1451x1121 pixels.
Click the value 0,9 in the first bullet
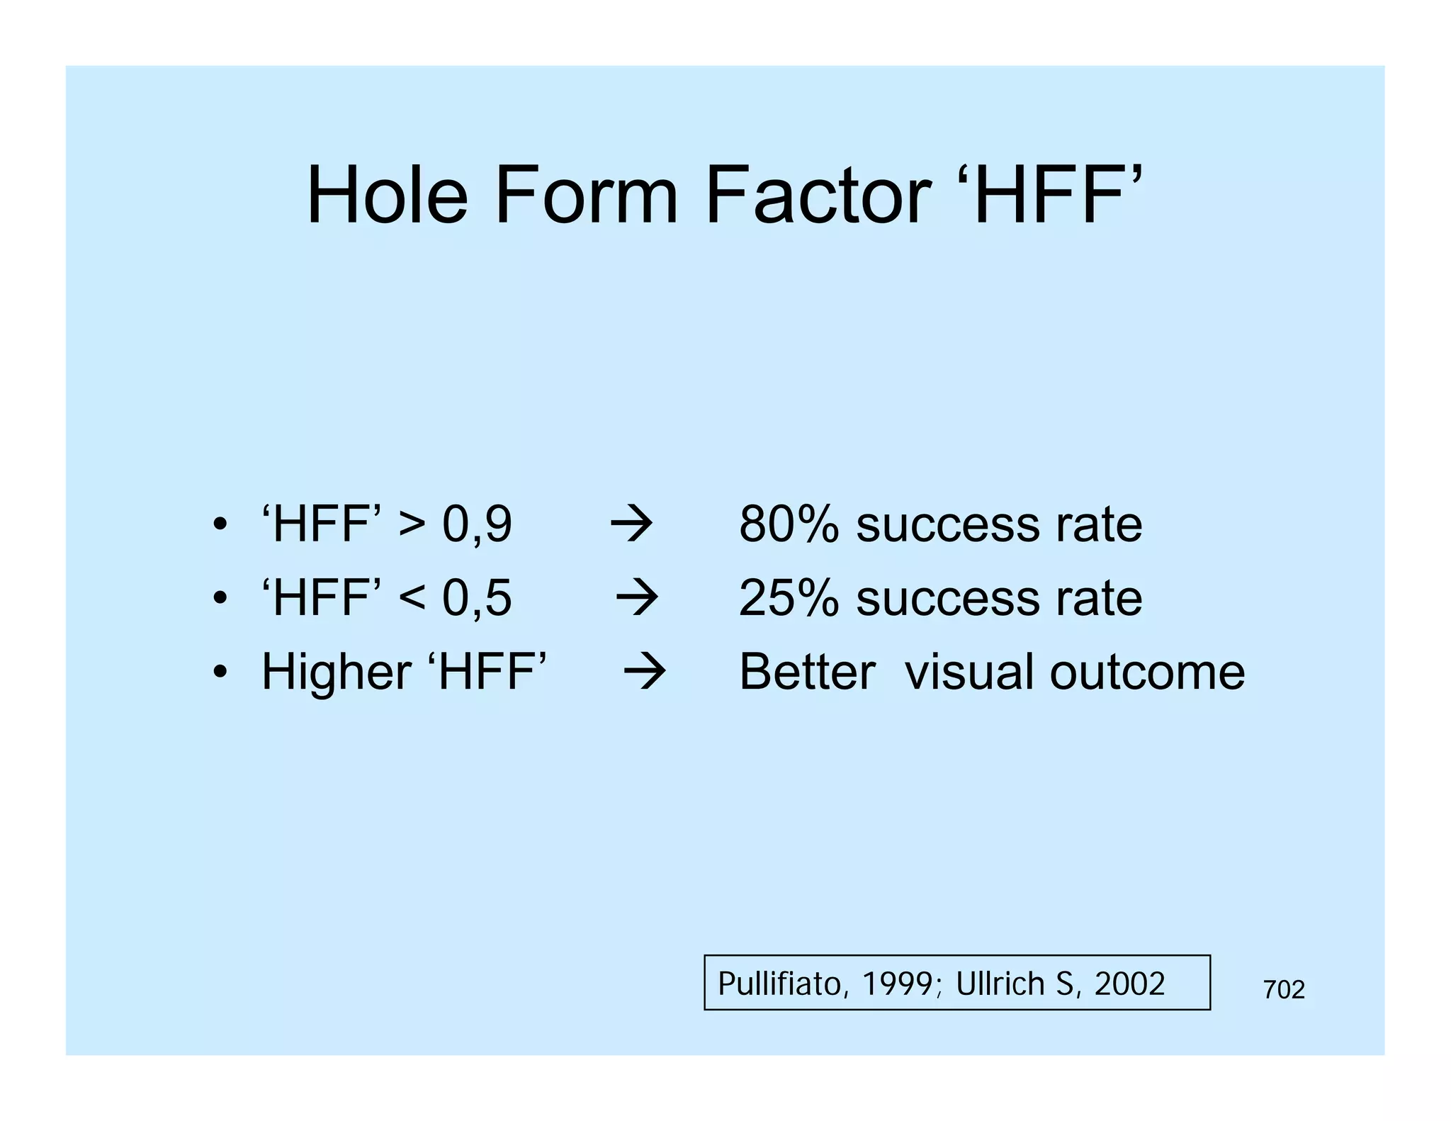477,525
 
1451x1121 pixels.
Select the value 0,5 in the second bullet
477,598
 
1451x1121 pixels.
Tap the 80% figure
789,525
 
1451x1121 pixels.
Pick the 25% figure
789,598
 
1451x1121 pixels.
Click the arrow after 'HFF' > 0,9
631,526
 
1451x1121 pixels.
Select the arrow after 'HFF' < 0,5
637,599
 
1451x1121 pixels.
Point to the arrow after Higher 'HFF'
644,672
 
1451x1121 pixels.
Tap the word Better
807,672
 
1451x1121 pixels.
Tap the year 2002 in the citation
1129,984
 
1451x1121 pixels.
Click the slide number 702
1284,990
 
